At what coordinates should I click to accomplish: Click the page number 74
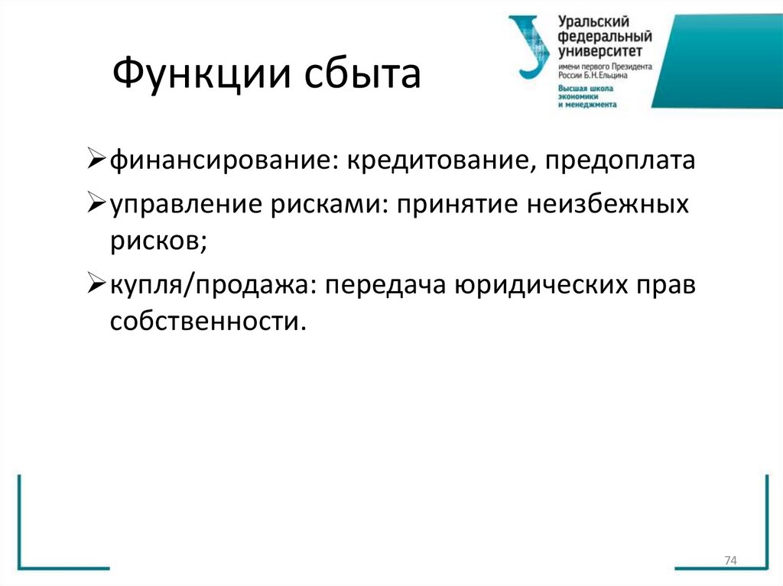point(729,562)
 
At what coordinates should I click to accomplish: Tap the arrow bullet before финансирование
point(96,161)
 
